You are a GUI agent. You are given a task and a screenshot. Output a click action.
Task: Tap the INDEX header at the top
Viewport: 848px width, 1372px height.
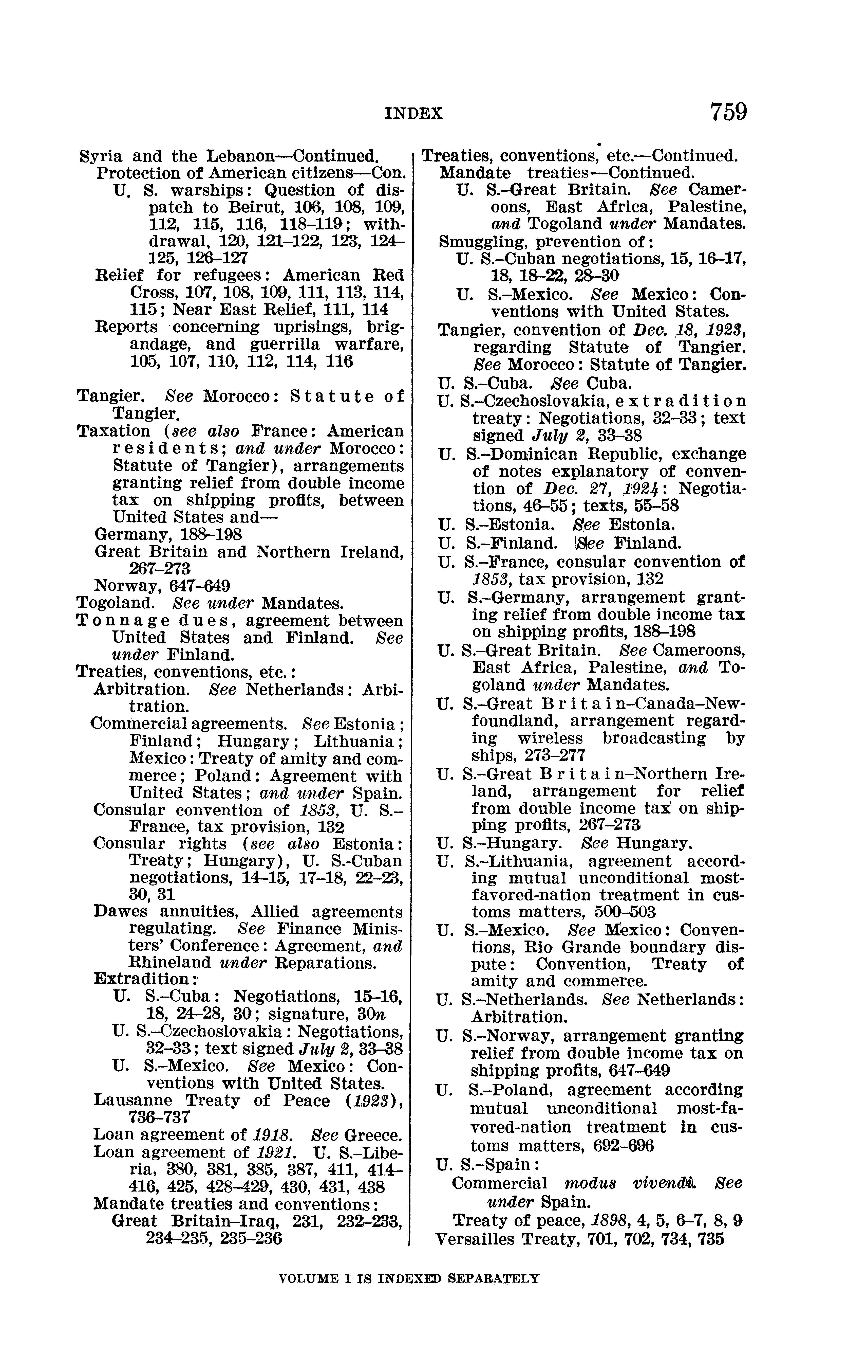(x=414, y=114)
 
